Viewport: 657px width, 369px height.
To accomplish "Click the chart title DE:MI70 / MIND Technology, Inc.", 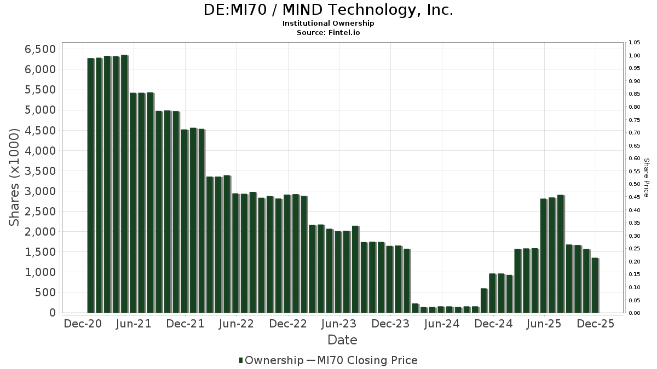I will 328,10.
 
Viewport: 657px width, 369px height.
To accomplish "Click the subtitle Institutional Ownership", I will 328,24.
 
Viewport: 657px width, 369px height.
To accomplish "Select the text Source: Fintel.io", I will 328,32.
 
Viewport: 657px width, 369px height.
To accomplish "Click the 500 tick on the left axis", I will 45,292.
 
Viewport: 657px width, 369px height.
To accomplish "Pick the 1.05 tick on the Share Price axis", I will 635,43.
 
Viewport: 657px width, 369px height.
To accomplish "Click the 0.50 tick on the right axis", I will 635,184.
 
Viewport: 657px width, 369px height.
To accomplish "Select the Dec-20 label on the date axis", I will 83,324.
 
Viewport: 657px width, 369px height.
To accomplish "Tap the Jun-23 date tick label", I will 339,324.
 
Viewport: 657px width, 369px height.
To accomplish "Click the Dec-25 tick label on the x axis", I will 596,324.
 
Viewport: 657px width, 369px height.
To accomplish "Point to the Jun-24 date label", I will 442,324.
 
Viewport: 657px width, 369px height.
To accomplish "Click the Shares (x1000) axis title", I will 15,178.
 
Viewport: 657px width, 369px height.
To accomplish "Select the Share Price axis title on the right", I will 646,178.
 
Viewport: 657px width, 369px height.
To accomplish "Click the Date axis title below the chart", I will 342,340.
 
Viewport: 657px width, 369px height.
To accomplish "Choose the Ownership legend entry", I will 272,360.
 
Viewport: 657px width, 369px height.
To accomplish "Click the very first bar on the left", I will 90,185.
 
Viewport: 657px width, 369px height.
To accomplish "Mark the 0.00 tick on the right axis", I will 635,313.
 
